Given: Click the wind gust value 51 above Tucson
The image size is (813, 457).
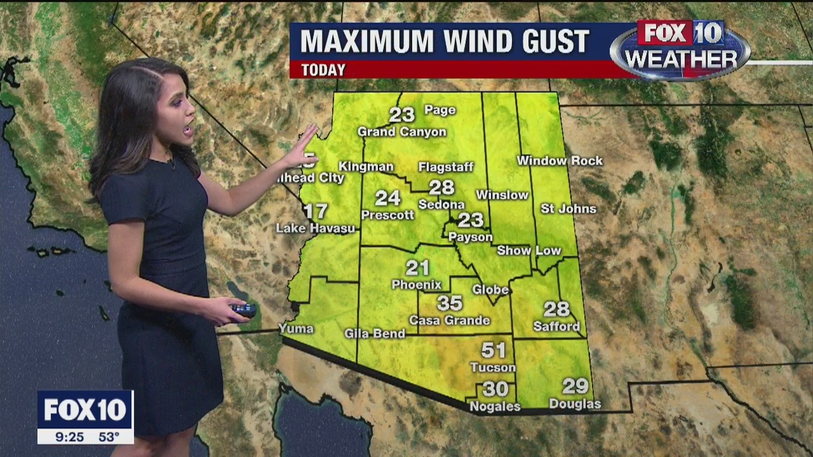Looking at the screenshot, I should pos(494,350).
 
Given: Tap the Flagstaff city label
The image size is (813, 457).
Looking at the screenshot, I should pos(446,167).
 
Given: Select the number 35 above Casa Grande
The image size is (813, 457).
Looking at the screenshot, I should pos(450,303).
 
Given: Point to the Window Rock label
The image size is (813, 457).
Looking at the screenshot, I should pos(560,161).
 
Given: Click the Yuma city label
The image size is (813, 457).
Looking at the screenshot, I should pos(296,328).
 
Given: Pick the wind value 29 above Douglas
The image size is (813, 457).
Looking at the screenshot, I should pos(575,386).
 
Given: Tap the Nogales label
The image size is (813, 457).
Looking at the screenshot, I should pos(495,406).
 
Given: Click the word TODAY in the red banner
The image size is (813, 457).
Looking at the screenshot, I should pos(323,70).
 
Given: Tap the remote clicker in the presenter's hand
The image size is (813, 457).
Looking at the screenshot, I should pos(243,310).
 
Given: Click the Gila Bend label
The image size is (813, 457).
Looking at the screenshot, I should pos(375,333).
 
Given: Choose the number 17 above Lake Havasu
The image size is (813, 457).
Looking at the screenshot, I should pos(315,211).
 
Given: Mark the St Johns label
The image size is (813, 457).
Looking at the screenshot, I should pos(568,208).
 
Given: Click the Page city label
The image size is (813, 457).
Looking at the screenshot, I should pos(440,110).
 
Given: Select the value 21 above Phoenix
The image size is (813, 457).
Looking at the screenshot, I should pos(418,268).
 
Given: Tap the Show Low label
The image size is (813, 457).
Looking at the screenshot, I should pos(529,251).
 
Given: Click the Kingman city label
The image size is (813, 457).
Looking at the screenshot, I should pos(366,166).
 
